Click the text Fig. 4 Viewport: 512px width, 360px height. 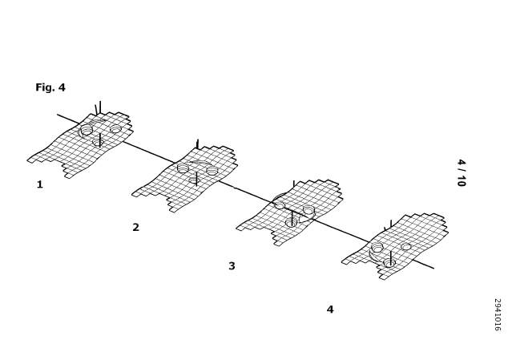point(50,87)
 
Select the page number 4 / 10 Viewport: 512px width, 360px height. point(461,173)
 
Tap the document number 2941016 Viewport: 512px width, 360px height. point(498,314)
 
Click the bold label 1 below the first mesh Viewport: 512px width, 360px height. point(39,184)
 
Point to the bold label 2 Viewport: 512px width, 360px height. point(136,227)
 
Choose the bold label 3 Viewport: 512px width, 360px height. point(232,266)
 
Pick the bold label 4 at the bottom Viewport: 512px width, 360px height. point(330,309)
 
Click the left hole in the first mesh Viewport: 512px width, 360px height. point(87,129)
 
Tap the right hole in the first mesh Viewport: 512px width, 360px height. point(115,129)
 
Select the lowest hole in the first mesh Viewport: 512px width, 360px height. point(98,142)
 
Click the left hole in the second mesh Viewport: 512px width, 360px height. point(183,168)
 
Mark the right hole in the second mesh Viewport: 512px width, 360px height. point(212,170)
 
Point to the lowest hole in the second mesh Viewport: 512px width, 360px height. point(195,180)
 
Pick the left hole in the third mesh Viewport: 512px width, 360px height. point(280,205)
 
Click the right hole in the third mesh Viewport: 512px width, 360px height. point(308,210)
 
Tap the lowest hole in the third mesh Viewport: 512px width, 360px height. point(291,223)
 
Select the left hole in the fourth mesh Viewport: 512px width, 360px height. point(377,248)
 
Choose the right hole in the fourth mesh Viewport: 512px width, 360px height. point(406,247)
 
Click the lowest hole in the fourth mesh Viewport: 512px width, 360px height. point(389,263)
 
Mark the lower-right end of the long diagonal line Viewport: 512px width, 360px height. point(434,269)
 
